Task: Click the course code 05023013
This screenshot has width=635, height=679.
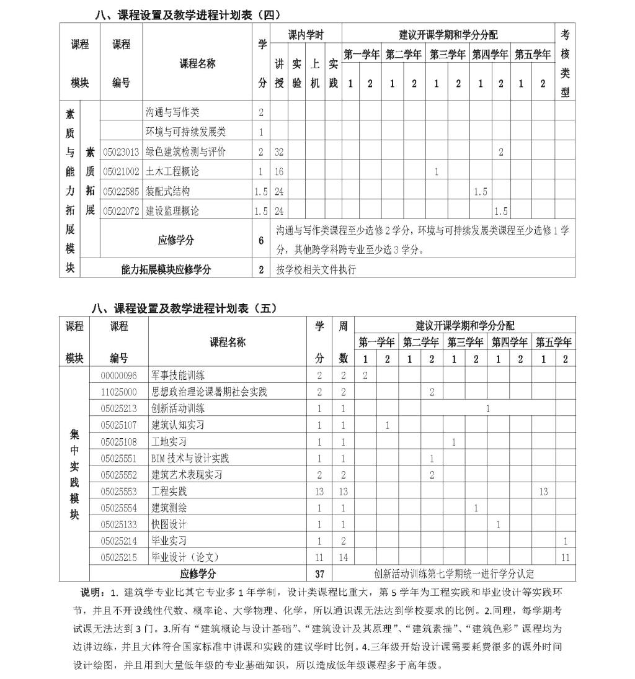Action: pos(121,151)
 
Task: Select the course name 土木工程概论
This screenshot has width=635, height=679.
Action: pos(172,171)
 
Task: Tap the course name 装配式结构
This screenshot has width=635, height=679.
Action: pos(167,191)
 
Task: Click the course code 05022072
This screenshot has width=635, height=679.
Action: pos(121,211)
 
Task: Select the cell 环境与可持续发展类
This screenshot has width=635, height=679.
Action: pos(185,132)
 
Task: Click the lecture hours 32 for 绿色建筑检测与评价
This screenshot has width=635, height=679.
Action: pos(279,151)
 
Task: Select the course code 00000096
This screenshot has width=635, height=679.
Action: pos(118,375)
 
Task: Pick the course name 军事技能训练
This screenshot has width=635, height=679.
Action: pos(178,375)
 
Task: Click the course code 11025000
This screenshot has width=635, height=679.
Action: pos(118,392)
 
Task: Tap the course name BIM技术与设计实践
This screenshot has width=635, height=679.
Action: pos(190,458)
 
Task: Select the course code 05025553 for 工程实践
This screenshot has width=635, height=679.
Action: pos(118,491)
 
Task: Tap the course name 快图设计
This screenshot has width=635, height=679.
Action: pos(169,524)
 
